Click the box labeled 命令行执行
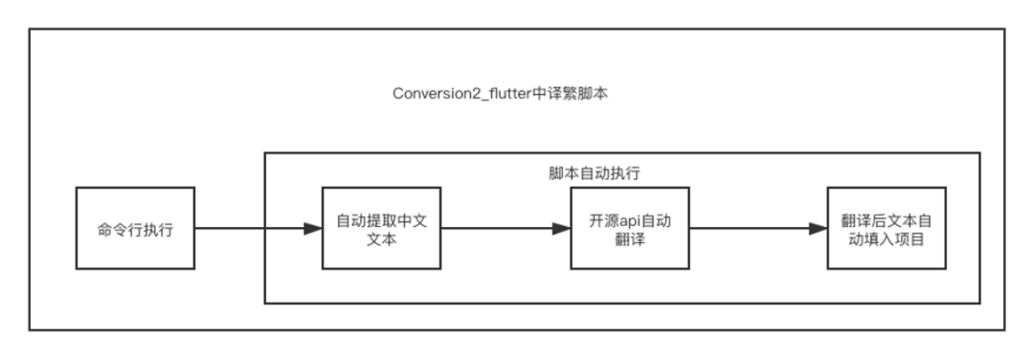coord(135,229)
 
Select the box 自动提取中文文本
coord(380,229)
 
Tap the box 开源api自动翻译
coord(630,229)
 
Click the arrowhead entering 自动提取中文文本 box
coord(313,229)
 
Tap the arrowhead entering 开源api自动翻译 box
coord(562,229)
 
